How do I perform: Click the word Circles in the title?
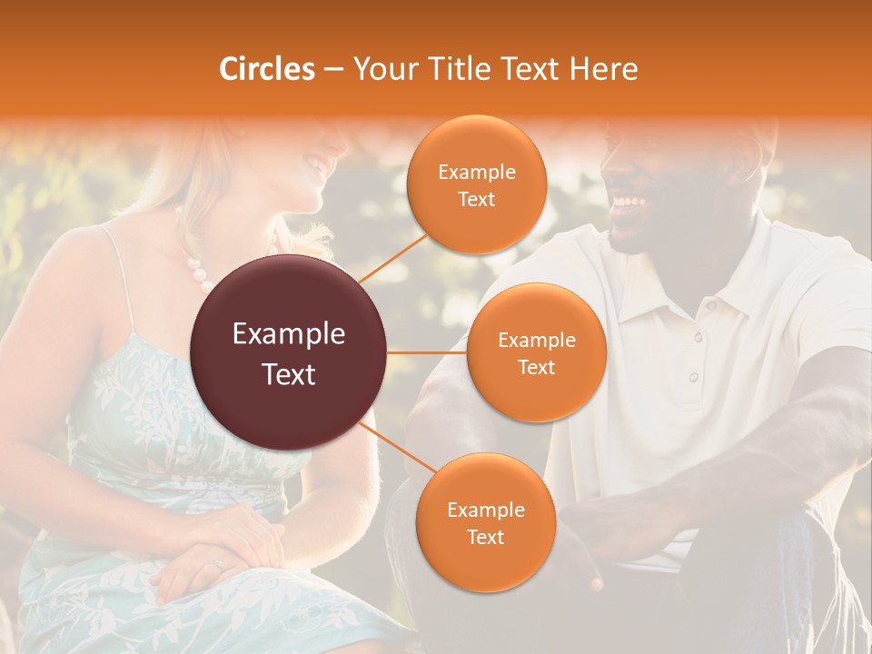[x=267, y=69]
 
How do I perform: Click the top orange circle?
[x=476, y=184]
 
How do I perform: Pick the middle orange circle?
[x=536, y=352]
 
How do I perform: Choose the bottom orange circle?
[x=485, y=522]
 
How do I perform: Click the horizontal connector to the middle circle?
[x=427, y=352]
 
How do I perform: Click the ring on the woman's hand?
[x=216, y=565]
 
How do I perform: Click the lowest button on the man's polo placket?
[x=692, y=376]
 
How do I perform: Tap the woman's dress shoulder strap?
[x=118, y=272]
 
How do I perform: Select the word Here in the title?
[x=603, y=69]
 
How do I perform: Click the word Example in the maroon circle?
[x=289, y=334]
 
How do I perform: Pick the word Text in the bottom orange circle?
[x=485, y=537]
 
